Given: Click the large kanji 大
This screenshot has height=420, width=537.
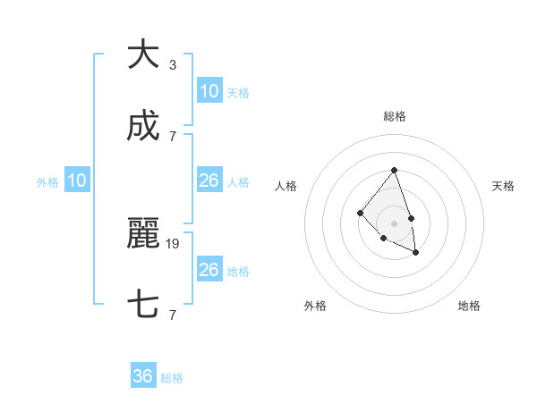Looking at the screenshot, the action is pyautogui.click(x=143, y=55).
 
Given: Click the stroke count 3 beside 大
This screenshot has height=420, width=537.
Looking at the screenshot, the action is pyautogui.click(x=173, y=64).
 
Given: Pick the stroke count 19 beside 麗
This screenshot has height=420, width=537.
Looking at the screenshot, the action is pyautogui.click(x=173, y=243).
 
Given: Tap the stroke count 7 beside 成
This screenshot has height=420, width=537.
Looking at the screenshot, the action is pyautogui.click(x=173, y=136).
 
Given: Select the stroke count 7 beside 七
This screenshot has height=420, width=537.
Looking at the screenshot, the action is pyautogui.click(x=173, y=315).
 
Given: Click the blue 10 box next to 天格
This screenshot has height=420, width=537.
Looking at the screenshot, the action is pyautogui.click(x=209, y=91).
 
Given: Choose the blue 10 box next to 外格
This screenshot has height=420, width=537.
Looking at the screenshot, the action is pyautogui.click(x=77, y=181).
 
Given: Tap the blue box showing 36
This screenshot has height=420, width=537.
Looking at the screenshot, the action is pyautogui.click(x=143, y=376).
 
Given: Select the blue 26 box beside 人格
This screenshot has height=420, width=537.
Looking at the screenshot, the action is pyautogui.click(x=209, y=181).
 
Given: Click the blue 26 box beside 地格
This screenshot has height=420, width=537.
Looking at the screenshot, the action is pyautogui.click(x=209, y=270).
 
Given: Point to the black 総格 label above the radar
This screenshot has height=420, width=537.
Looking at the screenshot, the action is pyautogui.click(x=395, y=116).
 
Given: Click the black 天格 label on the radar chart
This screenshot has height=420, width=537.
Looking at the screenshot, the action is pyautogui.click(x=503, y=186).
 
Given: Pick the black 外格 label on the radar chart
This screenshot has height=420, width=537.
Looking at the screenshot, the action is pyautogui.click(x=315, y=306).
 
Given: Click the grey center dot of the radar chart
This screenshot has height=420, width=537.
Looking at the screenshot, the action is pyautogui.click(x=394, y=223).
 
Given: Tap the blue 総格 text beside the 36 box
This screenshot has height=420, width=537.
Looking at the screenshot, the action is pyautogui.click(x=172, y=378).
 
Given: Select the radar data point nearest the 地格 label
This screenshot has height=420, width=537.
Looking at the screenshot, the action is pyautogui.click(x=415, y=253).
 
